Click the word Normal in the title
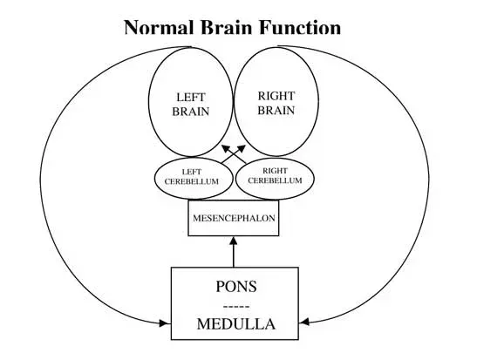[x=159, y=27]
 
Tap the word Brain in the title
[x=227, y=27]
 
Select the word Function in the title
[x=300, y=27]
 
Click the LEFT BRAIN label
[x=191, y=105]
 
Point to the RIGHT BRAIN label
[x=276, y=103]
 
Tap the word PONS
[x=236, y=287]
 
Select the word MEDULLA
[x=236, y=323]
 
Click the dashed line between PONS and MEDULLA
[x=236, y=306]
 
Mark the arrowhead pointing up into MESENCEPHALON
[x=234, y=241]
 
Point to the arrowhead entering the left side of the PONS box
[x=165, y=323]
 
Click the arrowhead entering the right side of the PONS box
[x=304, y=322]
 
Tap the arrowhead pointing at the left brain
[x=226, y=148]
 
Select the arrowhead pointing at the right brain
[x=242, y=148]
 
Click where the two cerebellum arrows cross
[x=234, y=154]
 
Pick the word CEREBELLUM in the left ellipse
[x=192, y=181]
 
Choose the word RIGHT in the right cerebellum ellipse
[x=275, y=171]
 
